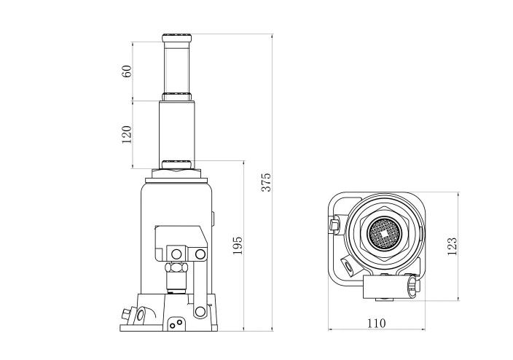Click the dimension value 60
(x=127, y=71)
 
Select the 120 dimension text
(x=127, y=134)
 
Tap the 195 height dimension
(x=238, y=246)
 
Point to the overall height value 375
(x=267, y=182)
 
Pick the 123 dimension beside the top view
(x=452, y=246)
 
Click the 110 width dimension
(x=376, y=324)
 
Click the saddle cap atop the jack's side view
(x=176, y=38)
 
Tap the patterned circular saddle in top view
(x=384, y=233)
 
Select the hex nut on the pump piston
(x=176, y=267)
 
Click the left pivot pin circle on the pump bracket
(x=176, y=254)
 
